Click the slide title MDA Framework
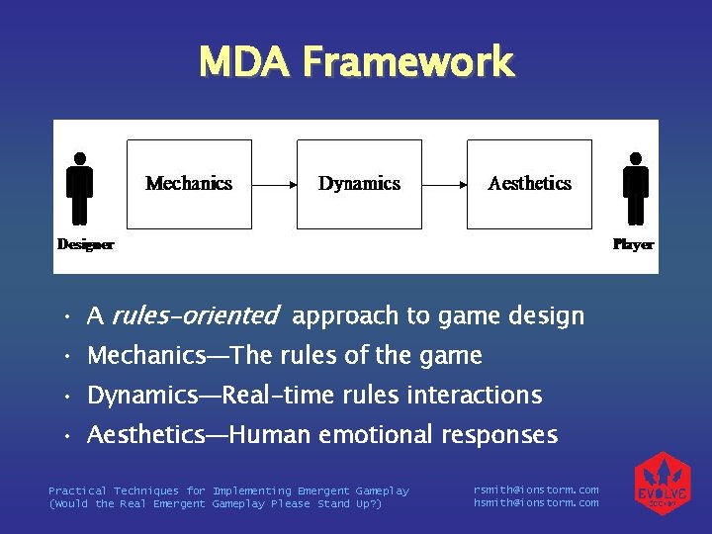click(356, 61)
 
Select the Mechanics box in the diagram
click(189, 184)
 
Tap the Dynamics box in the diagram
click(359, 184)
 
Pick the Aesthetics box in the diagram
click(529, 184)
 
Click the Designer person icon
click(80, 188)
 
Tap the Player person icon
click(636, 188)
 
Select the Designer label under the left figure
click(85, 244)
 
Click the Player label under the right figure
click(633, 244)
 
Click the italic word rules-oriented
click(195, 316)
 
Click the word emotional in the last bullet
click(377, 435)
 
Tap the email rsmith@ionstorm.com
click(536, 490)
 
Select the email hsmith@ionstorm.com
click(536, 503)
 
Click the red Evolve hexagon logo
click(662, 485)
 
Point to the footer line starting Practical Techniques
click(228, 490)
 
